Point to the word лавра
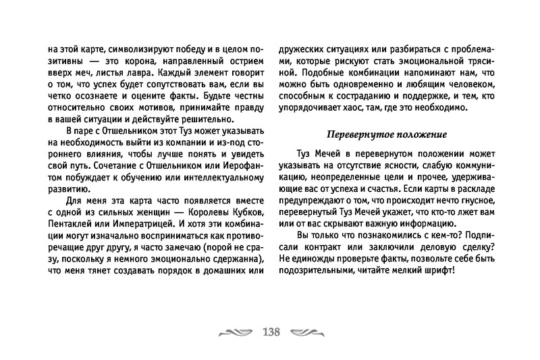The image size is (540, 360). click(x=141, y=72)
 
